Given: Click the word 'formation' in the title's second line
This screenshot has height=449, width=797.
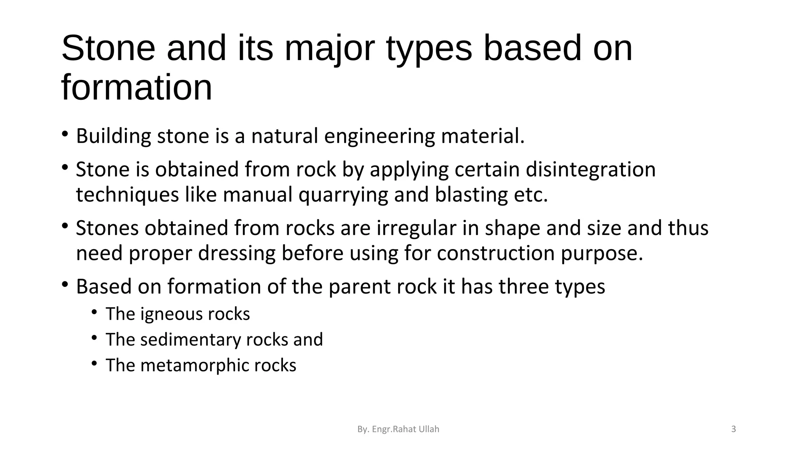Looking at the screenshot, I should click(137, 88).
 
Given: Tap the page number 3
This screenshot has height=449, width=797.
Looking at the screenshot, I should click(734, 429).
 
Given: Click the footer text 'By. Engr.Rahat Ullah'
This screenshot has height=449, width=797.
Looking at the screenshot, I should click(398, 429).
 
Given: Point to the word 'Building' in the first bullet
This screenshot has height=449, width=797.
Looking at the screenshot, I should click(113, 136).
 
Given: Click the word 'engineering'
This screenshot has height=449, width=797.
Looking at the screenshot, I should click(379, 136).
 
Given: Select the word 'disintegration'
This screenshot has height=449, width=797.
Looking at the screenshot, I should click(590, 170).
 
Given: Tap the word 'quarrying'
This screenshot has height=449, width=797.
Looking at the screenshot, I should click(343, 195).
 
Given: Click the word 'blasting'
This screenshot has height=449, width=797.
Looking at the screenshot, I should click(471, 195).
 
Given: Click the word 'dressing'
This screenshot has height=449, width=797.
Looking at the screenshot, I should click(240, 253).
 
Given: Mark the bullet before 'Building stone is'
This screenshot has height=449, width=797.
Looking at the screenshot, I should click(65, 134).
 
